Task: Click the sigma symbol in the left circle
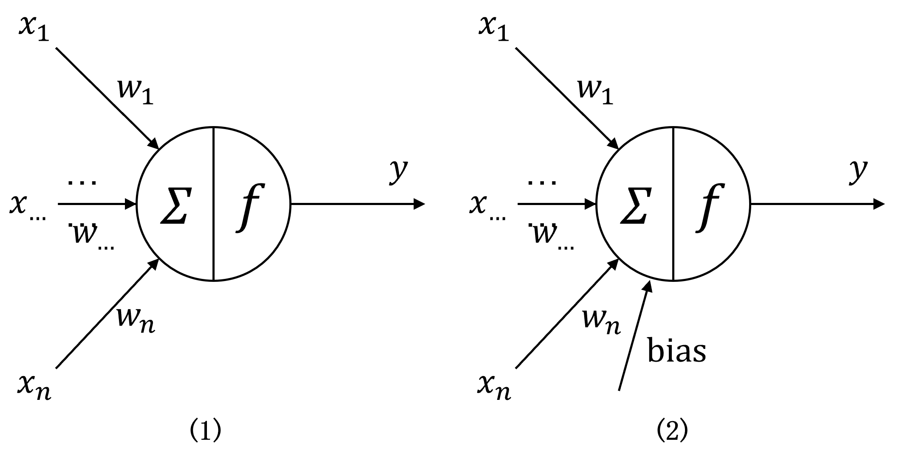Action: point(174,206)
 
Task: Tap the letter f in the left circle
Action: point(251,208)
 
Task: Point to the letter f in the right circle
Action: point(710,208)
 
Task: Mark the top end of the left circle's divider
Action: point(213,129)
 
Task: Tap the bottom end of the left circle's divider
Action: point(213,278)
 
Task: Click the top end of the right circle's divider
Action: point(673,129)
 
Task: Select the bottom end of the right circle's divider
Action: point(673,278)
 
